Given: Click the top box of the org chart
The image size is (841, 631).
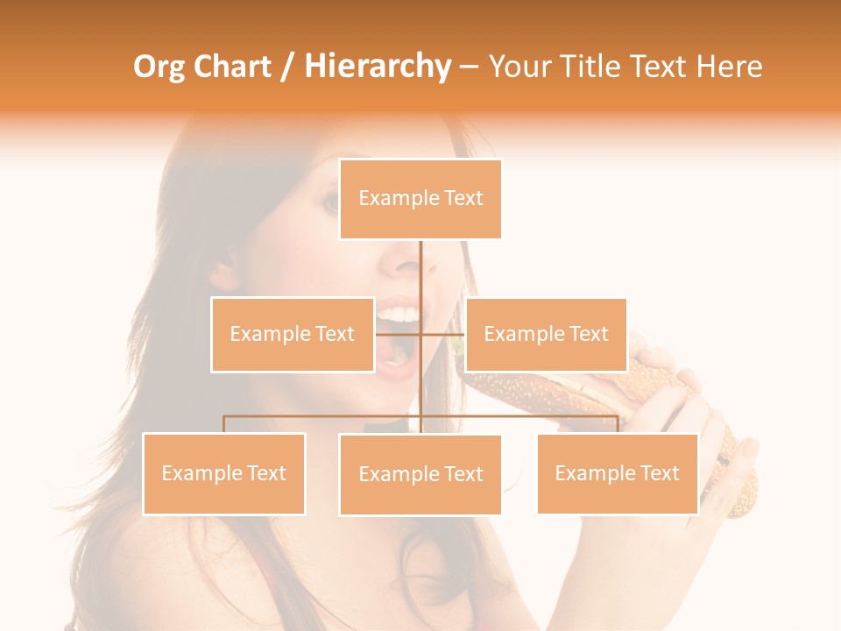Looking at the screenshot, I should point(420,199).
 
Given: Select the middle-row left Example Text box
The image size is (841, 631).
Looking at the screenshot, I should point(292,335).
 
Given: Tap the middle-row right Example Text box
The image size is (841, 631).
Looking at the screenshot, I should point(546,335).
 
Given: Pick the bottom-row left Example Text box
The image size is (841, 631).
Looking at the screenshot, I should point(223,473).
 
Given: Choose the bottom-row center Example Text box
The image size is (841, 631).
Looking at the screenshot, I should point(420,475).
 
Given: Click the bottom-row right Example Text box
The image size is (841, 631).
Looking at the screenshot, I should point(618,473).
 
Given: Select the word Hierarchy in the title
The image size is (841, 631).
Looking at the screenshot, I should point(378,67).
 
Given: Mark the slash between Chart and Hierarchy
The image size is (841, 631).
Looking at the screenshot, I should point(287,67).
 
